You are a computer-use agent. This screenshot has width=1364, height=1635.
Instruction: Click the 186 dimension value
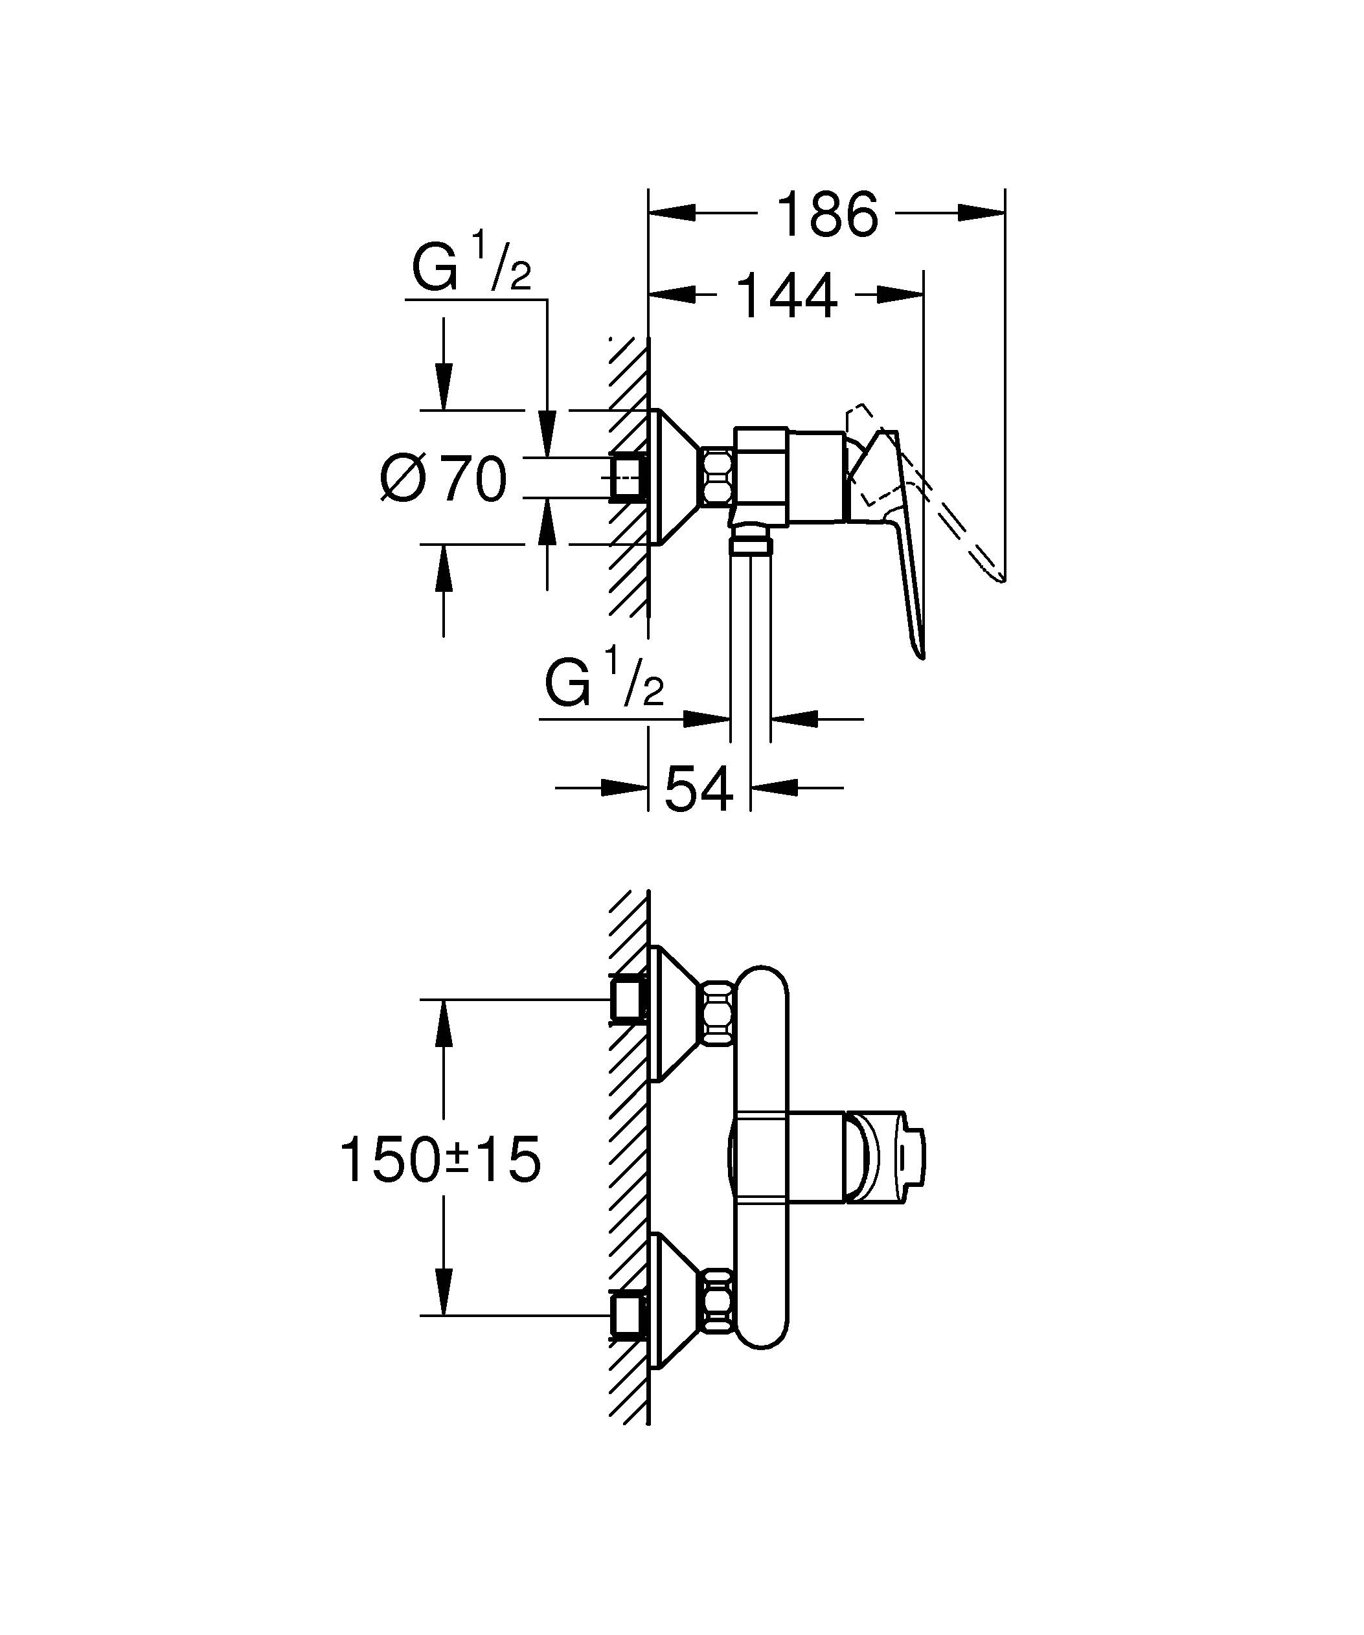click(x=828, y=214)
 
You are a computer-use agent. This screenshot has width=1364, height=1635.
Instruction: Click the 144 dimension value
click(x=786, y=296)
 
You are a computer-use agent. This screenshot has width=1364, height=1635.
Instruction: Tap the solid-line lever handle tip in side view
click(x=921, y=653)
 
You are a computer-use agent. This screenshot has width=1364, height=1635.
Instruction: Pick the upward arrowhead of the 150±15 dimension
click(x=443, y=1024)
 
